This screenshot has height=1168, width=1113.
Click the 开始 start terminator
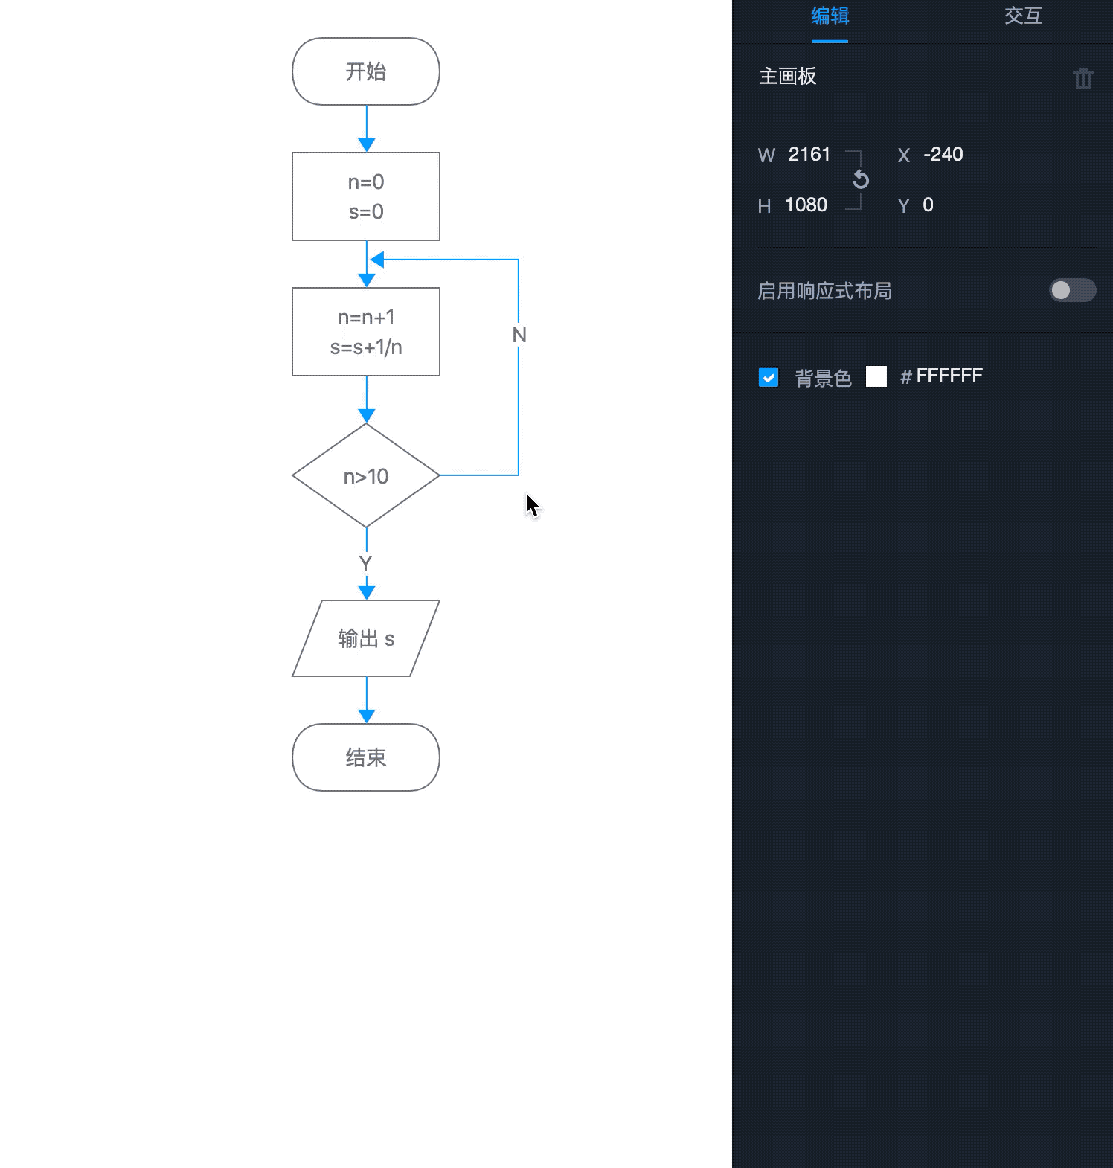tap(365, 71)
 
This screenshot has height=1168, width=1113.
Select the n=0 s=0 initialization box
tap(365, 196)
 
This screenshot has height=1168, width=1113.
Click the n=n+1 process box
tap(365, 332)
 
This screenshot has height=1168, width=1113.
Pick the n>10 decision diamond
tap(365, 476)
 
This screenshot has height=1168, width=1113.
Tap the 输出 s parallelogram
tap(365, 638)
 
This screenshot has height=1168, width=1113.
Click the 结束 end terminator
tap(365, 757)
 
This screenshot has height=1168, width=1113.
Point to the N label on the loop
tap(519, 336)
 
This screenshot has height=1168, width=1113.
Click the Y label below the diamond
tap(365, 564)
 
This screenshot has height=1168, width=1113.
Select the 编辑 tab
tap(830, 16)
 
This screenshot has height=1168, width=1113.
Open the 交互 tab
tap(1023, 16)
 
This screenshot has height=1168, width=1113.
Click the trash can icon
tap(1082, 78)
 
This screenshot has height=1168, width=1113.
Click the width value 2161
tap(809, 155)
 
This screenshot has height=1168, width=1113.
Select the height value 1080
tap(806, 205)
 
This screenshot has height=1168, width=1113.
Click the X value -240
tap(943, 155)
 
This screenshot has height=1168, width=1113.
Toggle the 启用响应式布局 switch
tap(1072, 290)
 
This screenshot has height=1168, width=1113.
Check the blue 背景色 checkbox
tap(769, 377)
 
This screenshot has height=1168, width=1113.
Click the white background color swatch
tap(876, 376)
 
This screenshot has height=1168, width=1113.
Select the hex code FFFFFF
tap(949, 376)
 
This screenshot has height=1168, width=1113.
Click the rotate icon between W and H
tap(861, 179)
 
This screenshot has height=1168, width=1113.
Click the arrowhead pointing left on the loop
tap(377, 260)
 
